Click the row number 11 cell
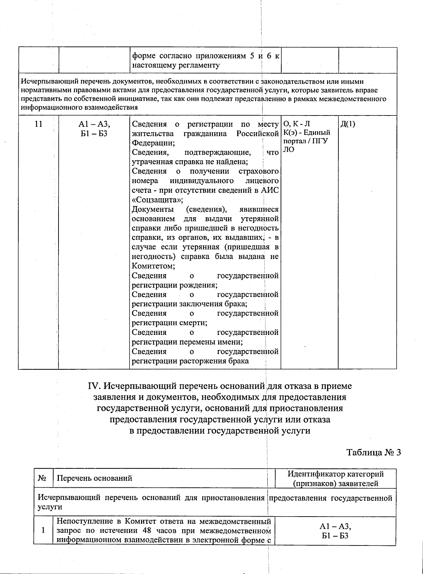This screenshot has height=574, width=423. [39, 124]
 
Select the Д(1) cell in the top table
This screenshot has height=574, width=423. [348, 124]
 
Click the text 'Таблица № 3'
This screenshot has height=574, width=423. [374, 453]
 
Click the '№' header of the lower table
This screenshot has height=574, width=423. [43, 478]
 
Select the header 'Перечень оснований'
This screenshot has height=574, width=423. [94, 478]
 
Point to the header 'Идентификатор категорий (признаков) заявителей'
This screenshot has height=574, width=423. [335, 479]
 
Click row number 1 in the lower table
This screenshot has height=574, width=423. [43, 530]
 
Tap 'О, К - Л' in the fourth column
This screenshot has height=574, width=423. [297, 124]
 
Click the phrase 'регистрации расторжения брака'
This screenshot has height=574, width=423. [190, 361]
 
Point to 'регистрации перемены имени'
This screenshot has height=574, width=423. [188, 342]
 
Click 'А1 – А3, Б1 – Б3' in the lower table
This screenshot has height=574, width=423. [335, 531]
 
